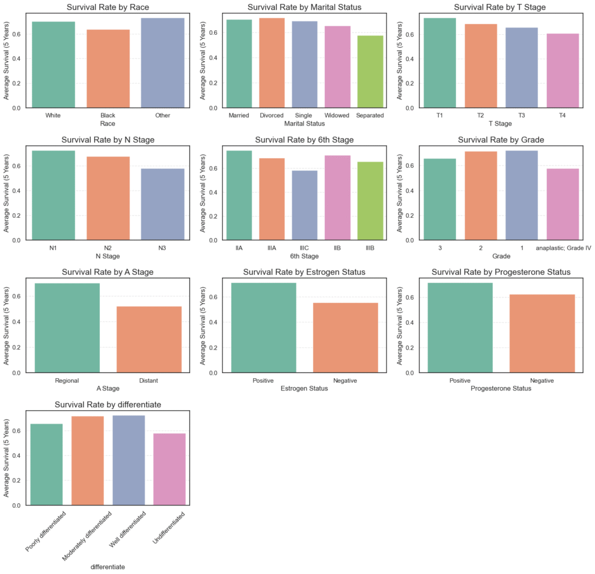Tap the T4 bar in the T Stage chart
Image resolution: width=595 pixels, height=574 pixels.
pos(562,71)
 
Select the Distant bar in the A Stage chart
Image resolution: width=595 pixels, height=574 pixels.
pos(149,339)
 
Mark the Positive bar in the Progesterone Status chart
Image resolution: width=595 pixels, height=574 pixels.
pos(460,328)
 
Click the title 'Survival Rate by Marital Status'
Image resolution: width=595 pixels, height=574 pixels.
pos(304,8)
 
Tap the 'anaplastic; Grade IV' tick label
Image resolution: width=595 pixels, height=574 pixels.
pos(563,247)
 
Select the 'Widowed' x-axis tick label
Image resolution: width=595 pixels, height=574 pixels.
pos(337,115)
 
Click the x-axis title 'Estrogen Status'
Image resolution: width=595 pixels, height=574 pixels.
pos(304,389)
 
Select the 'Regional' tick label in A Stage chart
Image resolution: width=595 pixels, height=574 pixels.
pos(67,381)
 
